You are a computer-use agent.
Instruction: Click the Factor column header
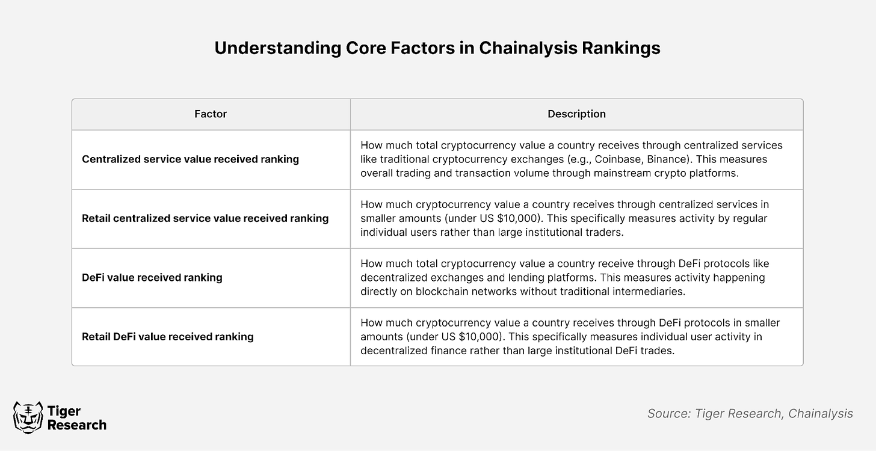tap(211, 114)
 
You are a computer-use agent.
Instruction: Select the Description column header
tap(576, 114)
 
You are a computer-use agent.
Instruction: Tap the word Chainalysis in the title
tap(528, 48)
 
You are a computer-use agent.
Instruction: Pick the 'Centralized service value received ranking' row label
tap(191, 159)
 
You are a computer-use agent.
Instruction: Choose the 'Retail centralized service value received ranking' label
tap(205, 218)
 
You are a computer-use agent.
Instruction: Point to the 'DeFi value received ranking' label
tap(152, 277)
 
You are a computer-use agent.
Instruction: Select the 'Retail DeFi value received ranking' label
tap(168, 337)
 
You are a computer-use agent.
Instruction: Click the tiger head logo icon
tap(28, 417)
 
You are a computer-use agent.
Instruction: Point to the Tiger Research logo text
tap(76, 418)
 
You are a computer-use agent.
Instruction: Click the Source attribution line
tap(750, 414)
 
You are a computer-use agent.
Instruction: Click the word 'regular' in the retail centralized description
tap(749, 218)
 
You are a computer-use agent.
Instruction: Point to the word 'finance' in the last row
tap(449, 351)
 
